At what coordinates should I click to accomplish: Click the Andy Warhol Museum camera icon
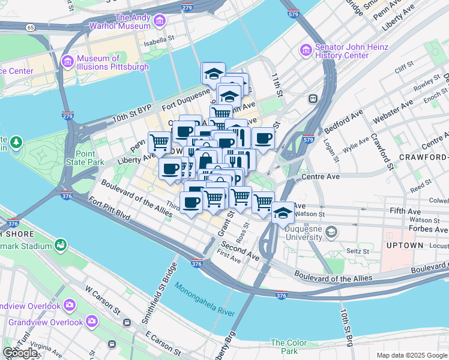click(159, 22)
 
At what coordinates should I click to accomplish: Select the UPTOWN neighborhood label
click(406, 246)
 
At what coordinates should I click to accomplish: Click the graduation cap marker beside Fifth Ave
click(283, 212)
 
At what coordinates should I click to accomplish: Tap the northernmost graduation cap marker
click(214, 74)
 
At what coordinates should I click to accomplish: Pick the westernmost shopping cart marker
click(159, 142)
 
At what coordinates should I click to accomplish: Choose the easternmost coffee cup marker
click(263, 138)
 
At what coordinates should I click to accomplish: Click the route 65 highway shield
click(29, 28)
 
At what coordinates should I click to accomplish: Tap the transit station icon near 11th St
click(312, 98)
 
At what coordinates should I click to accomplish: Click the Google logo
click(20, 353)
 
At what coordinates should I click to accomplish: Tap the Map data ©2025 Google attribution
click(412, 355)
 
